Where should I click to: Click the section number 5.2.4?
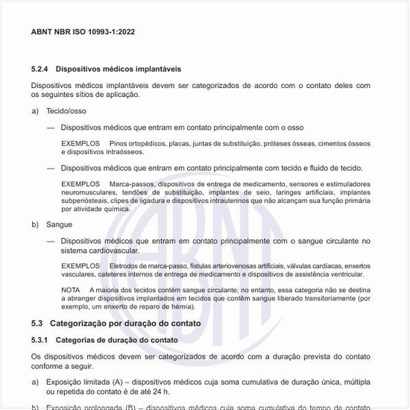click(40, 69)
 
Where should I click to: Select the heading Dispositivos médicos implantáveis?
click(118, 69)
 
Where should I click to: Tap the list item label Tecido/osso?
click(66, 110)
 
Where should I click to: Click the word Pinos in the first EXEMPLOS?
click(118, 143)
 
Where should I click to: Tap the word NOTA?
click(71, 290)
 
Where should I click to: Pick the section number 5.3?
click(37, 324)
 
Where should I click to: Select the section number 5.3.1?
click(40, 340)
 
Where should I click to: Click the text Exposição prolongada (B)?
click(91, 407)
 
